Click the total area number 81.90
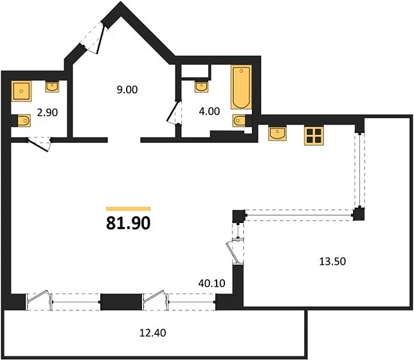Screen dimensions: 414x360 129,223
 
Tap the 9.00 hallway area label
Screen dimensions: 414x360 127,89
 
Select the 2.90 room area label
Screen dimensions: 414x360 48,113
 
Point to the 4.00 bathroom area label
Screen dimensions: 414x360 210,111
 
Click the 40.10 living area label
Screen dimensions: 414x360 212,283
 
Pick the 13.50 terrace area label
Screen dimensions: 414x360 332,261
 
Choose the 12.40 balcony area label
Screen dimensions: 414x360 152,332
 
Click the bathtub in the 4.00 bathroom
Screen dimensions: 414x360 241,87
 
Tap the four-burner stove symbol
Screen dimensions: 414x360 314,136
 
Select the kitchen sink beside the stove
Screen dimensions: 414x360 277,133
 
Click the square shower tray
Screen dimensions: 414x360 21,91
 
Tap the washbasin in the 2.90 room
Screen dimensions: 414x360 52,87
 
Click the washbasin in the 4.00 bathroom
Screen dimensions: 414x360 201,87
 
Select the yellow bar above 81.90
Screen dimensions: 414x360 129,209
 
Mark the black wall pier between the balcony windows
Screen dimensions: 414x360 122,301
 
